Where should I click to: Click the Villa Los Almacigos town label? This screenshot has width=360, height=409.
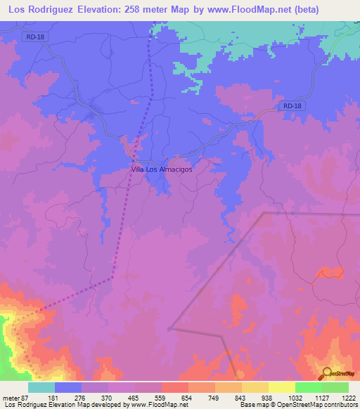click(x=162, y=169)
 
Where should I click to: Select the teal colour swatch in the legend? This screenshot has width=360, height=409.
click(x=41, y=387)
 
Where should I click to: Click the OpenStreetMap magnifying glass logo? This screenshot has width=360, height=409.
click(x=328, y=373)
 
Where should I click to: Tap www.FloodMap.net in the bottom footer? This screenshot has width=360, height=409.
click(x=148, y=405)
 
